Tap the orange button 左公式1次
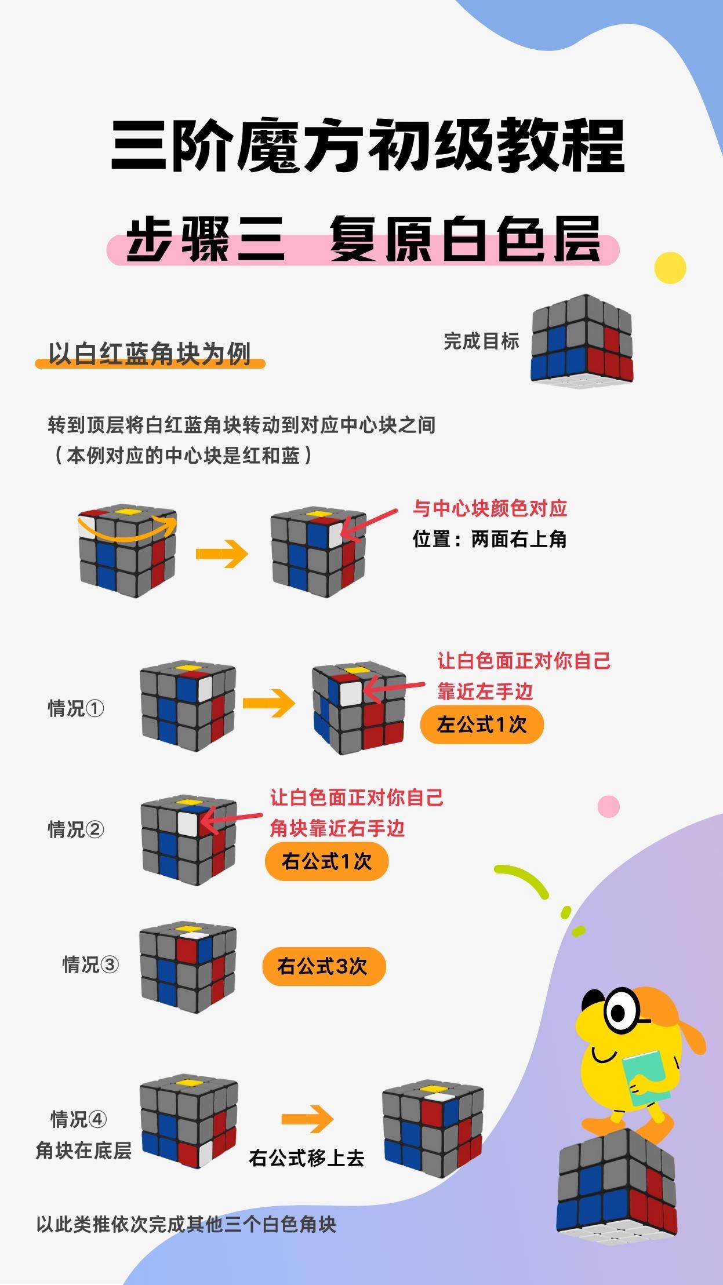point(482,725)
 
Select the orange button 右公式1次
point(326,861)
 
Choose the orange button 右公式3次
point(324,966)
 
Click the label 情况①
point(76,708)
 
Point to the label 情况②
point(76,829)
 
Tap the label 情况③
point(90,964)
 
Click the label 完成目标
point(481,341)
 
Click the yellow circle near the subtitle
point(670,268)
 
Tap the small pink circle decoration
point(608,806)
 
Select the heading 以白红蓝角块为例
point(150,354)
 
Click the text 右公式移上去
point(307,1158)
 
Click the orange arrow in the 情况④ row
point(307,1119)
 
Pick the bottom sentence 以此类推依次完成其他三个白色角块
point(186,1225)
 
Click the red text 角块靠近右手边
point(337,828)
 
